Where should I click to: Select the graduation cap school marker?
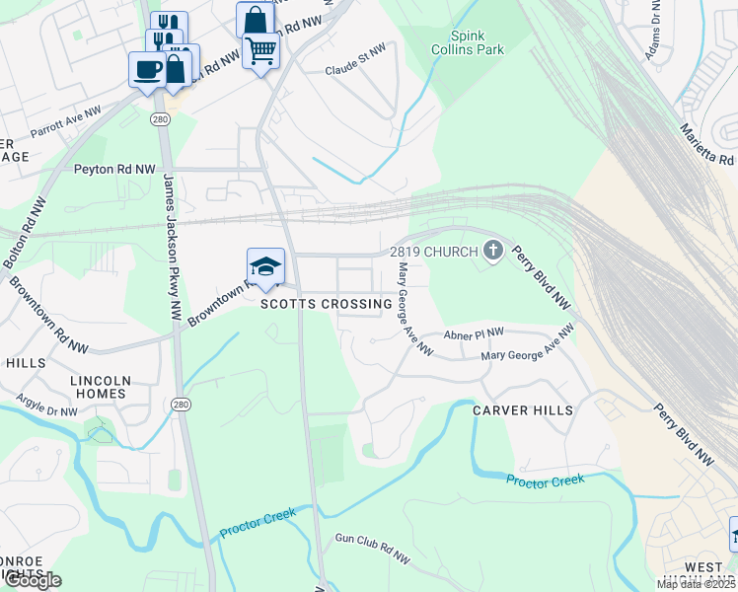[265, 266]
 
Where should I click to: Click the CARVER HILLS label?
[522, 408]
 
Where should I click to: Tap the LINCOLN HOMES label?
[99, 387]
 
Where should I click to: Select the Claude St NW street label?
[355, 71]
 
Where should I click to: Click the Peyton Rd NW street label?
[114, 170]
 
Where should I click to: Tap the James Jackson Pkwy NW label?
[172, 248]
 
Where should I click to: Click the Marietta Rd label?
[706, 144]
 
